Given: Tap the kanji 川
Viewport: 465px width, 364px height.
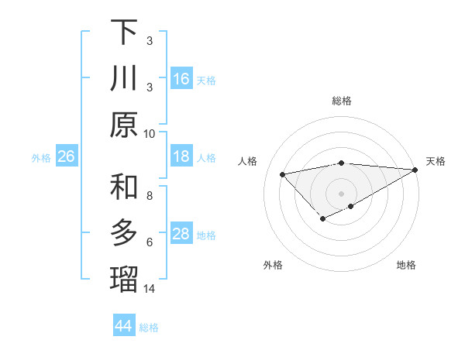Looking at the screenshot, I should (125, 79).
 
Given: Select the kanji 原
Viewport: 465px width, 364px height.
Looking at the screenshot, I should (125, 125).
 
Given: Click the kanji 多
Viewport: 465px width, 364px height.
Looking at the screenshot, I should (125, 233).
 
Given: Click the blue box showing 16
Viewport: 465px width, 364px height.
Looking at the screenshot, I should (181, 79).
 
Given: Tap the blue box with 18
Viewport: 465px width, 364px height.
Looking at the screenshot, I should (181, 156).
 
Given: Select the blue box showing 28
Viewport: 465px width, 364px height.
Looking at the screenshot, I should (181, 234).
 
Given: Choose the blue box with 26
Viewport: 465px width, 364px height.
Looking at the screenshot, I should (66, 156).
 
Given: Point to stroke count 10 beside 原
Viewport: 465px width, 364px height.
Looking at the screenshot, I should (150, 133).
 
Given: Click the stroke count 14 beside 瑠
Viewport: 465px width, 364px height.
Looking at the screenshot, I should (150, 289).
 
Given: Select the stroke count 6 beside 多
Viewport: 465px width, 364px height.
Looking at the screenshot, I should (150, 242).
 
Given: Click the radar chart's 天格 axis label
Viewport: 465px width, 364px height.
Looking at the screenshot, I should (436, 161).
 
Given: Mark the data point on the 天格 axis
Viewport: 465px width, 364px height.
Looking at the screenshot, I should (415, 170).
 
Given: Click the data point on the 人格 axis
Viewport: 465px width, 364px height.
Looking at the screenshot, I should (282, 173).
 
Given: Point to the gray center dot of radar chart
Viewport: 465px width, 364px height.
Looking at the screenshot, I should (342, 193).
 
